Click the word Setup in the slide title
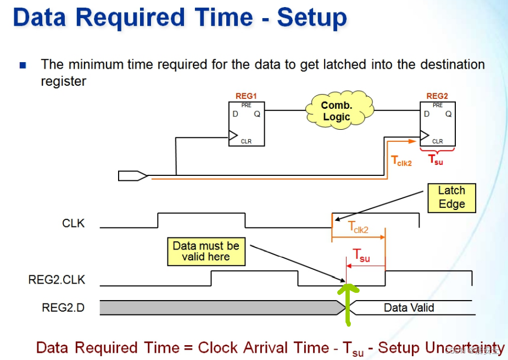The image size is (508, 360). tap(311, 18)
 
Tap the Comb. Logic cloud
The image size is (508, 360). tap(336, 111)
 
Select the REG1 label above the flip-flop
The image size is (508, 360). tap(245, 96)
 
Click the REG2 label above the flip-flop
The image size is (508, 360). tap(437, 96)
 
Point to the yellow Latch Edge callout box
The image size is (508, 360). tap(451, 197)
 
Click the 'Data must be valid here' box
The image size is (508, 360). tap(206, 251)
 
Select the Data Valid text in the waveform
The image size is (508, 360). tap(409, 308)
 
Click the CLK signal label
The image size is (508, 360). tap(74, 224)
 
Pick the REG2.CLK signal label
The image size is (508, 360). tap(57, 280)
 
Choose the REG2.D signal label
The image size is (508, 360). tap(63, 307)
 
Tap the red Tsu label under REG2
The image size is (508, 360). tap(436, 160)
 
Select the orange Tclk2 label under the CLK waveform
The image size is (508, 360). tap(358, 228)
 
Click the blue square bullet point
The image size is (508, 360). tap(23, 65)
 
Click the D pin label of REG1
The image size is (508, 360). tap(235, 114)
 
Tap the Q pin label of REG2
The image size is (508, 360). tap(448, 114)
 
